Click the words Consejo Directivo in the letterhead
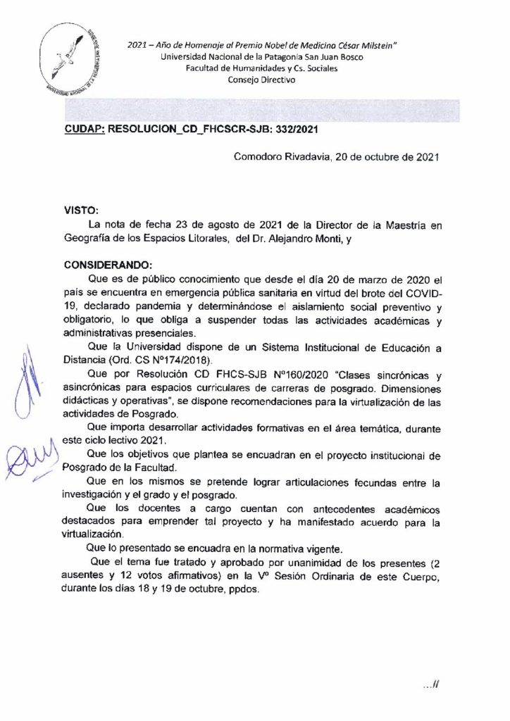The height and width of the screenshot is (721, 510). pos(262,80)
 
